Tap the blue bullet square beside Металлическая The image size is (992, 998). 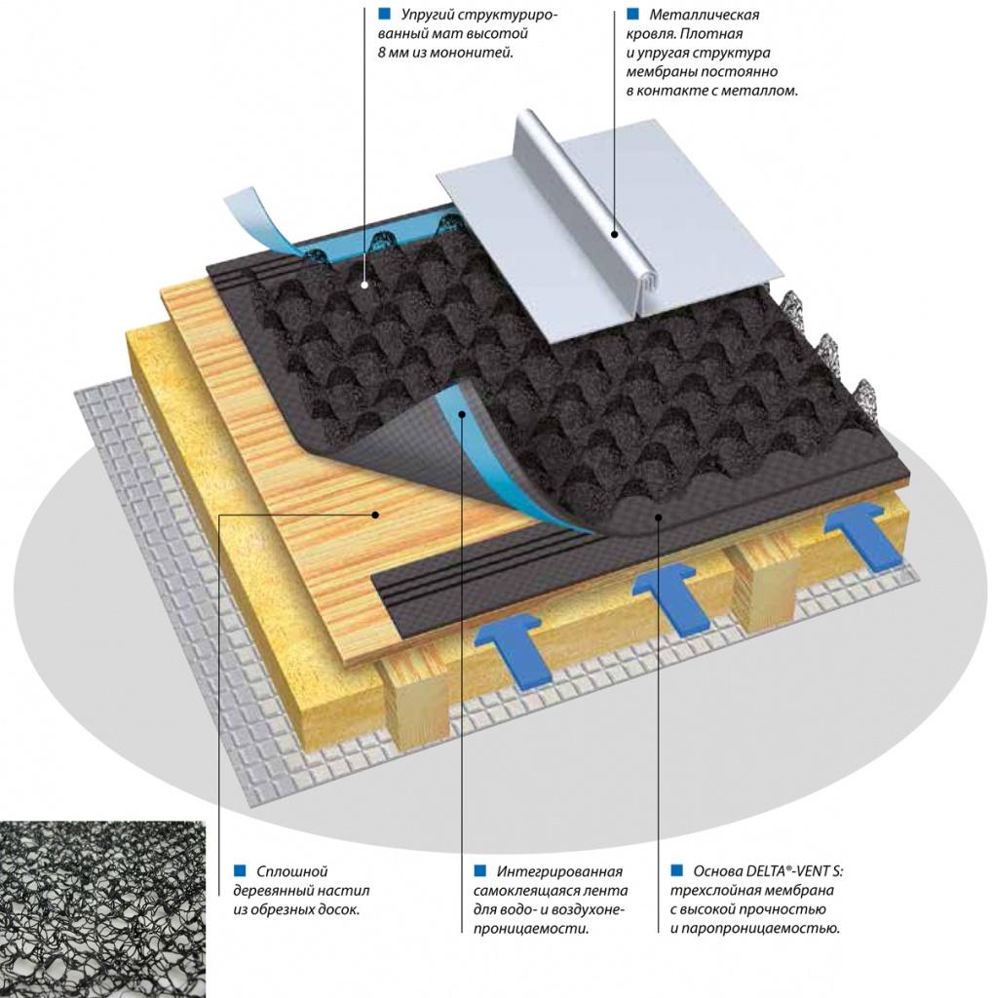coord(632,15)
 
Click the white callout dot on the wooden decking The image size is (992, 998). coord(377,513)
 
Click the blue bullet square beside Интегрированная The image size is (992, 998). coord(479,870)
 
